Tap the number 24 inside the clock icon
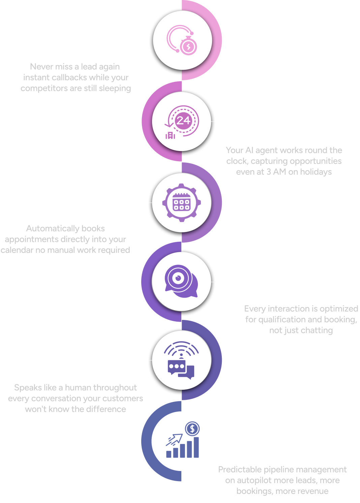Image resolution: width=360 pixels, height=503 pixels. [183, 120]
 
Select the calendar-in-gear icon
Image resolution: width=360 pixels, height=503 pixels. [182, 203]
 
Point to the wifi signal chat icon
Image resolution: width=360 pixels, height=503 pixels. [181, 360]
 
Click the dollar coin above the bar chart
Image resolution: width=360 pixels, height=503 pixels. [192, 429]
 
